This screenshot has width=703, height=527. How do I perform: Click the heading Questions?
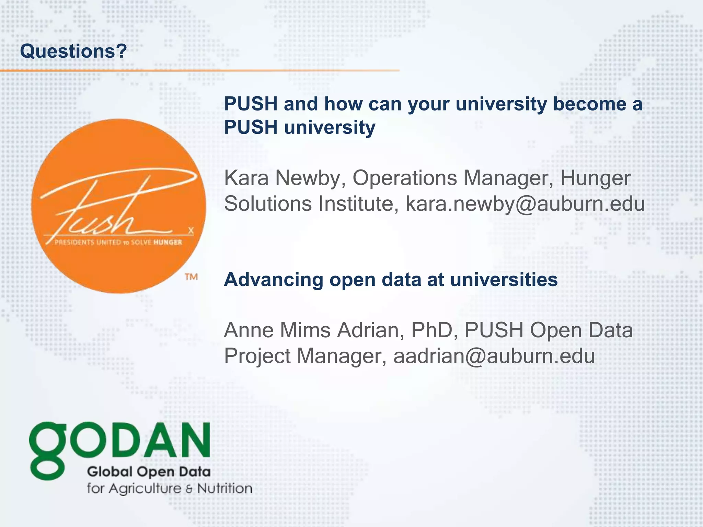73,51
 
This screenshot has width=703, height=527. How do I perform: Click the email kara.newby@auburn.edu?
525,204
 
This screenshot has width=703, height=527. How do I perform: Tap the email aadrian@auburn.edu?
494,356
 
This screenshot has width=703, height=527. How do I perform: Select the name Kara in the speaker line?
246,178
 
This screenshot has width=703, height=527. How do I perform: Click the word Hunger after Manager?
595,179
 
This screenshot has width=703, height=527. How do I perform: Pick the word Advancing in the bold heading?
274,280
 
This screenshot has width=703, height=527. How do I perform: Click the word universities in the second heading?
504,280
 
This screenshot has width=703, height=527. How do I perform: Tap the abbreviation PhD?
434,330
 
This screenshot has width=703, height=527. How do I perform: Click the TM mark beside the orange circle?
191,277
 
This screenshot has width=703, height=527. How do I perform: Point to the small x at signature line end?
191,231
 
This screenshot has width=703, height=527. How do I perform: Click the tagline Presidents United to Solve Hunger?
118,243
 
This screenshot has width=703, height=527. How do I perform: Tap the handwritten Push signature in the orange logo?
113,206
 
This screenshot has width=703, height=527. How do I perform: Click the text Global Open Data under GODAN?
149,472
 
